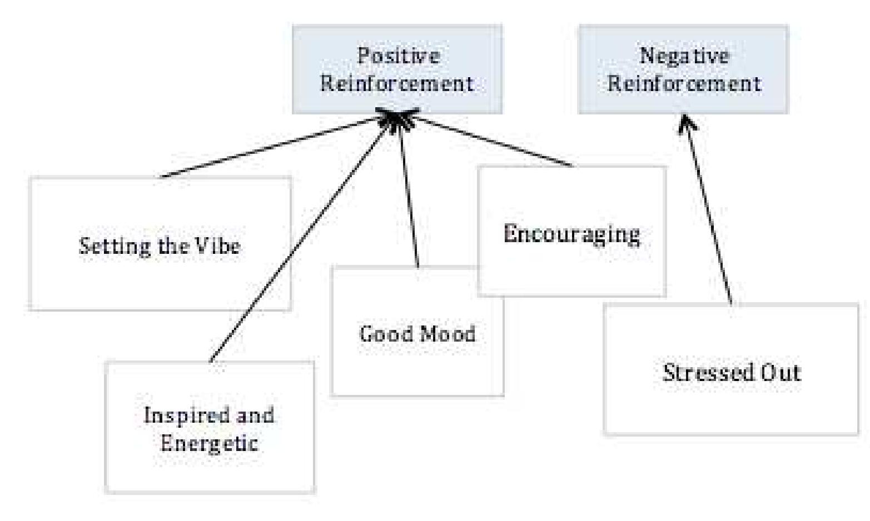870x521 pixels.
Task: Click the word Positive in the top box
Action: click(397, 56)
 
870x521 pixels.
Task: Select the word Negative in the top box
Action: click(684, 56)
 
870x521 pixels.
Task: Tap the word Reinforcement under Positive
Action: click(397, 84)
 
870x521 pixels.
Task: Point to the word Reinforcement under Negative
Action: click(684, 84)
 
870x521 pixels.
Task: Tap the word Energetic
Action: click(209, 443)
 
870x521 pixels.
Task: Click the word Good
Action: click(380, 334)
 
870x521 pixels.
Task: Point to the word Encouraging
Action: click(571, 234)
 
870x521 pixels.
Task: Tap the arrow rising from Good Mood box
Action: click(409, 194)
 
